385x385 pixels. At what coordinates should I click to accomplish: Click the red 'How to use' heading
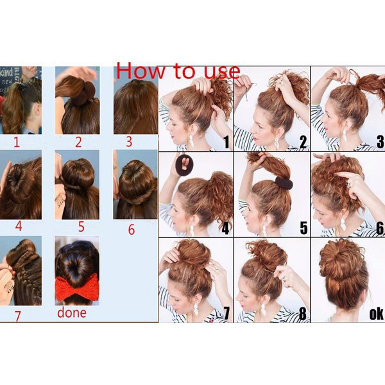[x=178, y=71]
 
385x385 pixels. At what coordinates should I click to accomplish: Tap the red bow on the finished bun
[x=77, y=287]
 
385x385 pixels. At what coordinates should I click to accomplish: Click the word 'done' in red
[x=72, y=312]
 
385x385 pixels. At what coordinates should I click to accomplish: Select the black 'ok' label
[x=375, y=314]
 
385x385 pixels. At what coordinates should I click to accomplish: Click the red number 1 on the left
[x=17, y=142]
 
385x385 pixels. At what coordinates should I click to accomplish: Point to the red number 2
[x=78, y=142]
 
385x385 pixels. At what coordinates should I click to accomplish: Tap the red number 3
[x=129, y=142]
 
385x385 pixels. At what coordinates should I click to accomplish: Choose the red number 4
[x=19, y=226]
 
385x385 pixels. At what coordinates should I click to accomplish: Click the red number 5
[x=81, y=227]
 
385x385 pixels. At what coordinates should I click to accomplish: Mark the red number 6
[x=132, y=230]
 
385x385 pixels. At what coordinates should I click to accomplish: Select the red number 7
[x=17, y=316]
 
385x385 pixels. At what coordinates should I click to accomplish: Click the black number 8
[x=302, y=314]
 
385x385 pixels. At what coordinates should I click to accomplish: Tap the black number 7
[x=226, y=314]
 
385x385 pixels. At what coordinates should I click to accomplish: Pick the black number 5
[x=304, y=228]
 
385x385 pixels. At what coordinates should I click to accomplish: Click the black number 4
[x=225, y=228]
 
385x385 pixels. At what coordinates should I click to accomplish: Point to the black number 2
[x=303, y=142]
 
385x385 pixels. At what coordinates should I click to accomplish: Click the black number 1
[x=226, y=142]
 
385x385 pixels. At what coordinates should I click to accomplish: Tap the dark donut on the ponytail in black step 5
[x=284, y=182]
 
